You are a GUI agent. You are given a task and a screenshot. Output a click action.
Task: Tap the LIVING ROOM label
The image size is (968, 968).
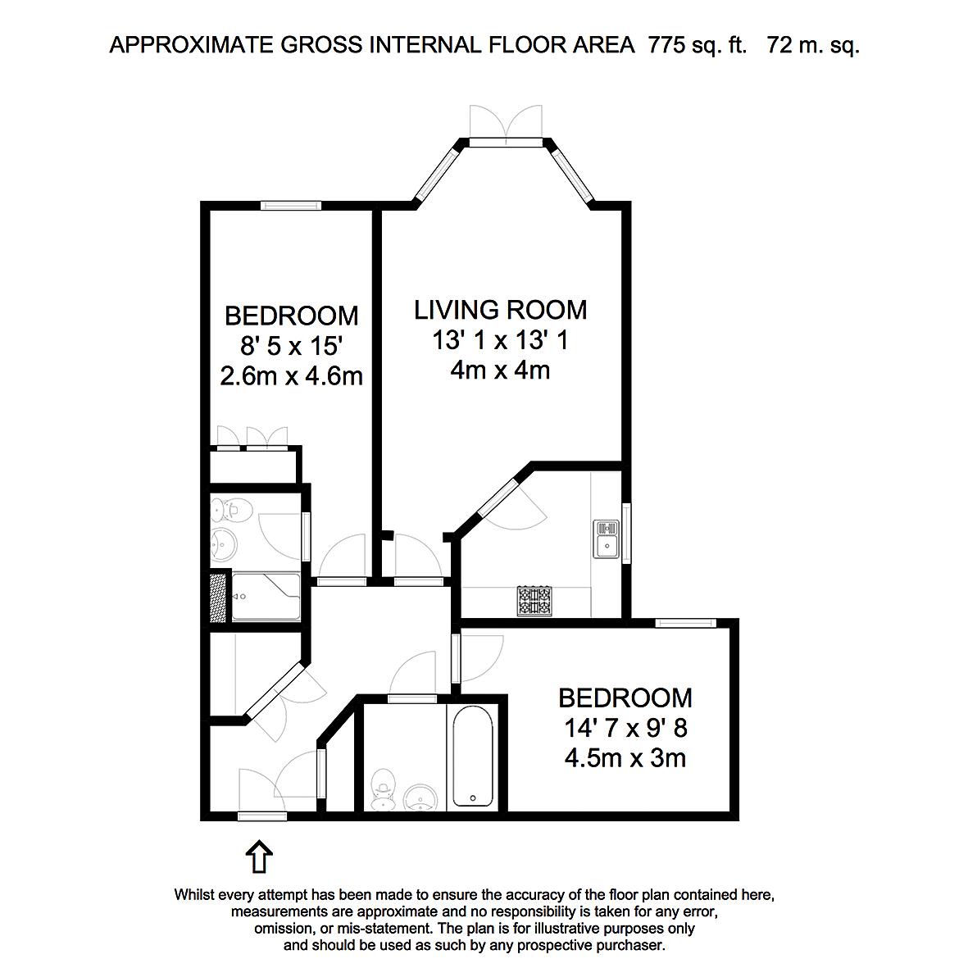click(500, 310)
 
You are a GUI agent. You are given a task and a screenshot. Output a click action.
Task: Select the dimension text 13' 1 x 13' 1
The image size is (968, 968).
click(500, 340)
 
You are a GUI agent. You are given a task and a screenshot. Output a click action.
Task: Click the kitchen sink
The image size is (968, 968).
click(607, 539)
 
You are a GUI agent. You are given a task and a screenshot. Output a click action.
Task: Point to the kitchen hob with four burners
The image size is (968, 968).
click(534, 602)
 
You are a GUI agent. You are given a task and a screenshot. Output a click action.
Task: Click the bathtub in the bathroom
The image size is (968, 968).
click(473, 757)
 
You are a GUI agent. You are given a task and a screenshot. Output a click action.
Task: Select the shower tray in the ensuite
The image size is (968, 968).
click(266, 597)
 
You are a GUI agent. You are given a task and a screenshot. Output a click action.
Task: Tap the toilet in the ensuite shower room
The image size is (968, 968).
click(231, 510)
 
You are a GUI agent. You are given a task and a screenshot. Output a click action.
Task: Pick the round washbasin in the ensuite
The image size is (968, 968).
click(224, 544)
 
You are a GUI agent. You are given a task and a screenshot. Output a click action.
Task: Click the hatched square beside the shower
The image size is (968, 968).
click(218, 598)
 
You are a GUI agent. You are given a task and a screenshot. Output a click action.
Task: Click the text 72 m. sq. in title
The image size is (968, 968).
click(812, 45)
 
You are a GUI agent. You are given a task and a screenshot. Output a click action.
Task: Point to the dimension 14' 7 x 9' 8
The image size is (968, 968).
click(625, 729)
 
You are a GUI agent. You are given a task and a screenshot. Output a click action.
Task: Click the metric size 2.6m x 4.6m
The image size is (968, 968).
click(292, 376)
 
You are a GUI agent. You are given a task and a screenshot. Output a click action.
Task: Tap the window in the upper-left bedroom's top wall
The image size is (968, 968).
click(291, 206)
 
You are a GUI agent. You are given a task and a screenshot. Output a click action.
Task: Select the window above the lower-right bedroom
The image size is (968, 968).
click(686, 623)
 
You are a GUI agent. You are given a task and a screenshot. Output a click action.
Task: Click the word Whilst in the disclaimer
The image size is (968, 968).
click(194, 895)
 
